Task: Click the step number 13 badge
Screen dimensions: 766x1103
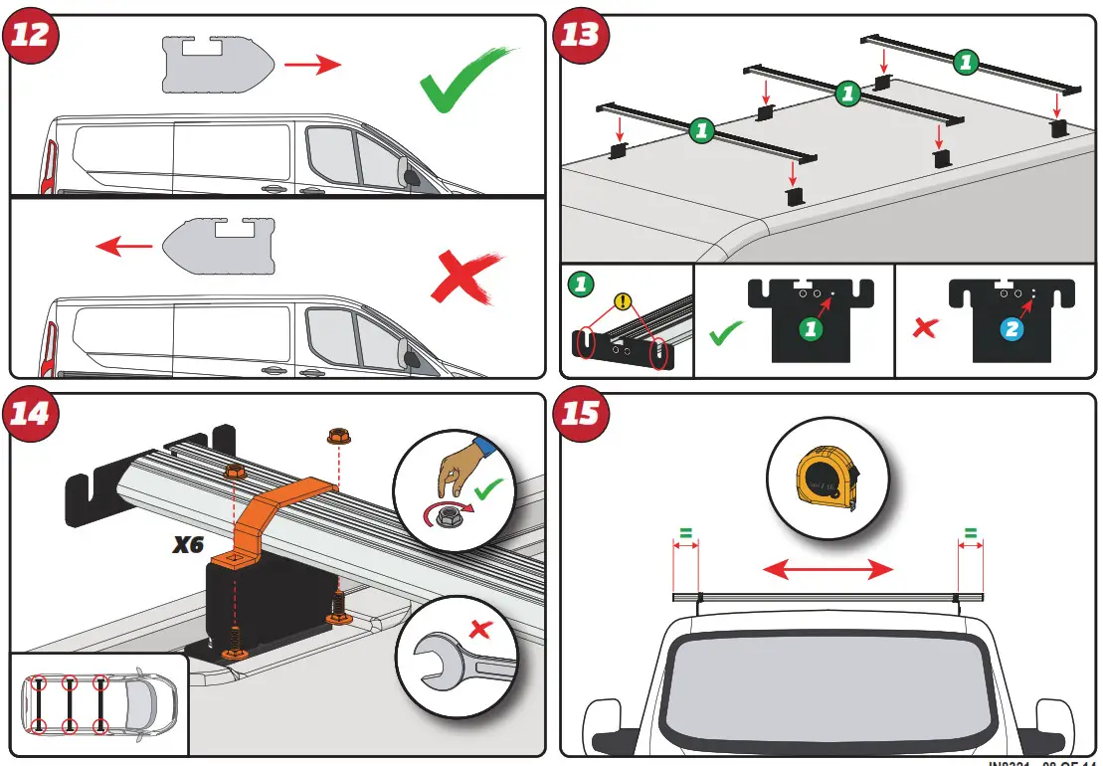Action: click(582, 35)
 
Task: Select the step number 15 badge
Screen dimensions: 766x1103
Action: click(582, 413)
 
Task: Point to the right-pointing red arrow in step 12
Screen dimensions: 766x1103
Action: click(311, 66)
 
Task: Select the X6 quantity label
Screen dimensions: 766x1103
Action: click(190, 544)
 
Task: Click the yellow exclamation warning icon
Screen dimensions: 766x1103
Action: click(624, 299)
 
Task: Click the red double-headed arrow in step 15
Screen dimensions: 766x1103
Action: click(827, 569)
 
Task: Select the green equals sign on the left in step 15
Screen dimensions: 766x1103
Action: click(684, 533)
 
